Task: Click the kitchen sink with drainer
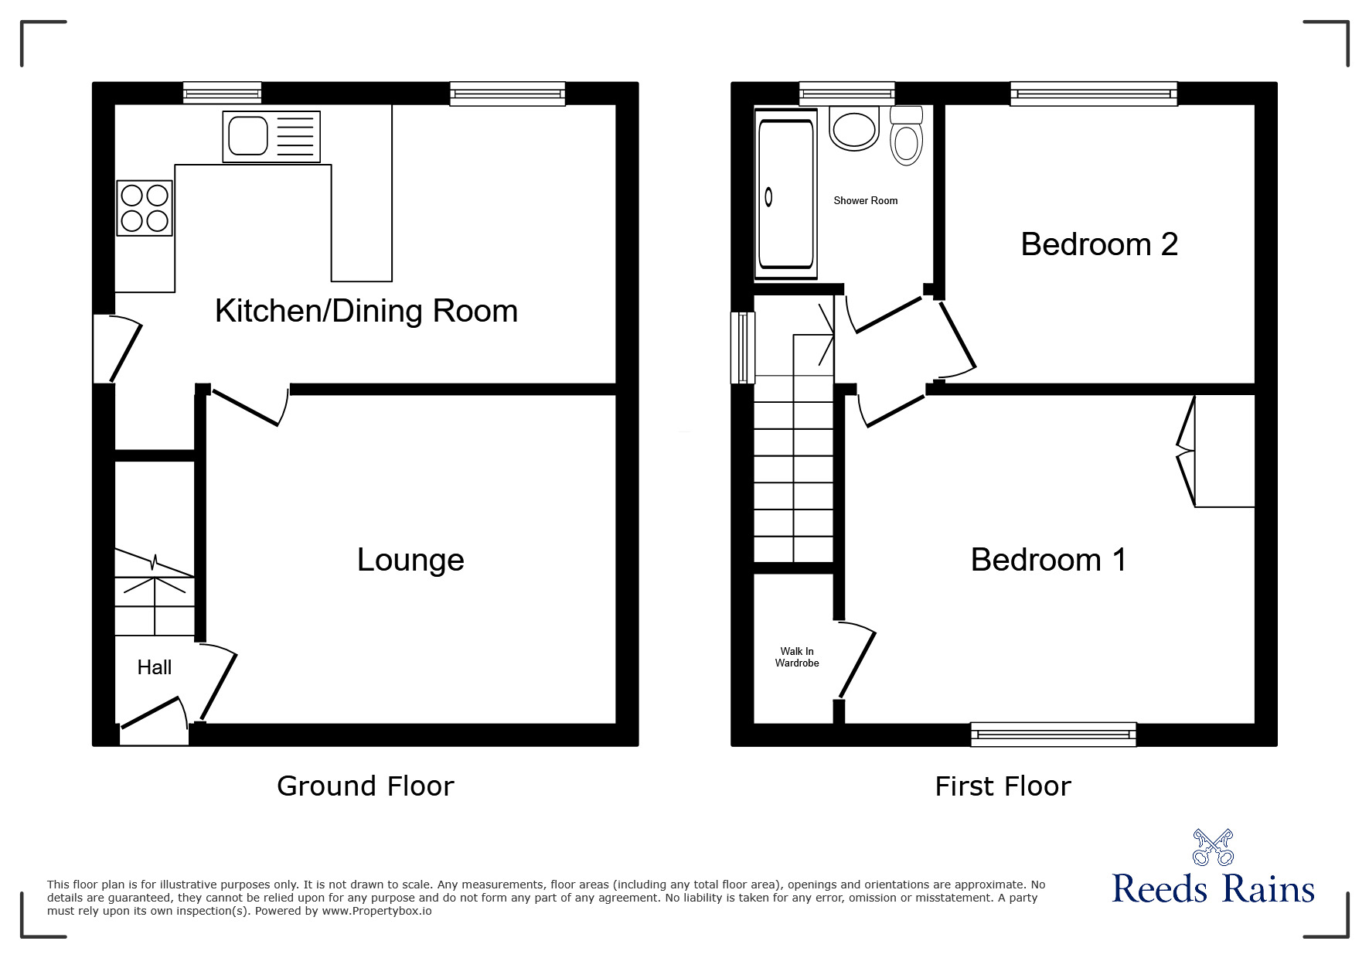[x=271, y=137]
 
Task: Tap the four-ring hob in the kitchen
[x=145, y=208]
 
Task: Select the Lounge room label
[x=410, y=560]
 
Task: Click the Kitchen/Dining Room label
[x=366, y=311]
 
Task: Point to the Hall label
[x=154, y=667]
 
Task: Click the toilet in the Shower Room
[x=906, y=138]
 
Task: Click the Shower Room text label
[x=865, y=200]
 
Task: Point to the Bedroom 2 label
[x=1098, y=244]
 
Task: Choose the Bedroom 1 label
[x=1048, y=560]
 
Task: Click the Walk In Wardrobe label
[x=797, y=657]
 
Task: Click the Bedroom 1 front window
[x=1053, y=734]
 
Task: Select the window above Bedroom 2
[x=1093, y=94]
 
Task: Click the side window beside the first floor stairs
[x=743, y=347]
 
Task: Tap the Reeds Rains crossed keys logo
[x=1212, y=847]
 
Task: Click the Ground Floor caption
[x=365, y=786]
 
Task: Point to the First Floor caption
[x=1003, y=786]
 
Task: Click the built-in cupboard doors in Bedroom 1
[x=1185, y=452]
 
